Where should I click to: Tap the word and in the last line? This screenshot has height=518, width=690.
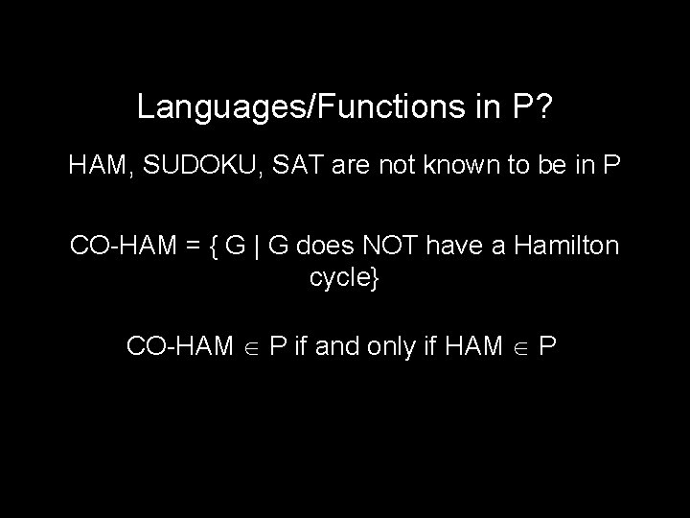(x=335, y=345)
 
